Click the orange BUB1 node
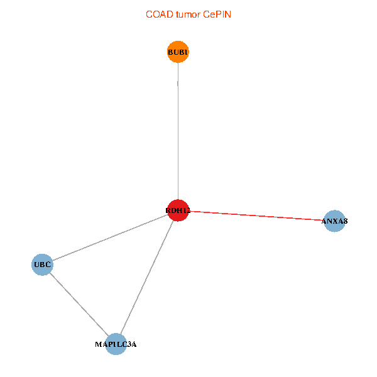(178, 52)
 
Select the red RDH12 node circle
(178, 210)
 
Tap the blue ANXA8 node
(334, 221)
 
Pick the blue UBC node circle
(42, 265)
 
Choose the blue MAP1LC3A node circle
(116, 344)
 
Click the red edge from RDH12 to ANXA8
(256, 216)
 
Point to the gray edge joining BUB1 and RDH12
(178, 131)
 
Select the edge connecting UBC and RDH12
(110, 238)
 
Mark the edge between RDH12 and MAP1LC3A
(147, 277)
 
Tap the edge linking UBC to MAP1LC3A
(79, 304)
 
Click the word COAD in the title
(160, 14)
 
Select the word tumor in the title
(188, 14)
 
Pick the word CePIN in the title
(217, 14)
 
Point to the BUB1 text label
(178, 52)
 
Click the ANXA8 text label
(334, 221)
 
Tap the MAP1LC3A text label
(116, 344)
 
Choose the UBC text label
(42, 265)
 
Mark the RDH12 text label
(178, 210)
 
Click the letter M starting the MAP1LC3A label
(98, 344)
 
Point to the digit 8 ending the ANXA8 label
(346, 221)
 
